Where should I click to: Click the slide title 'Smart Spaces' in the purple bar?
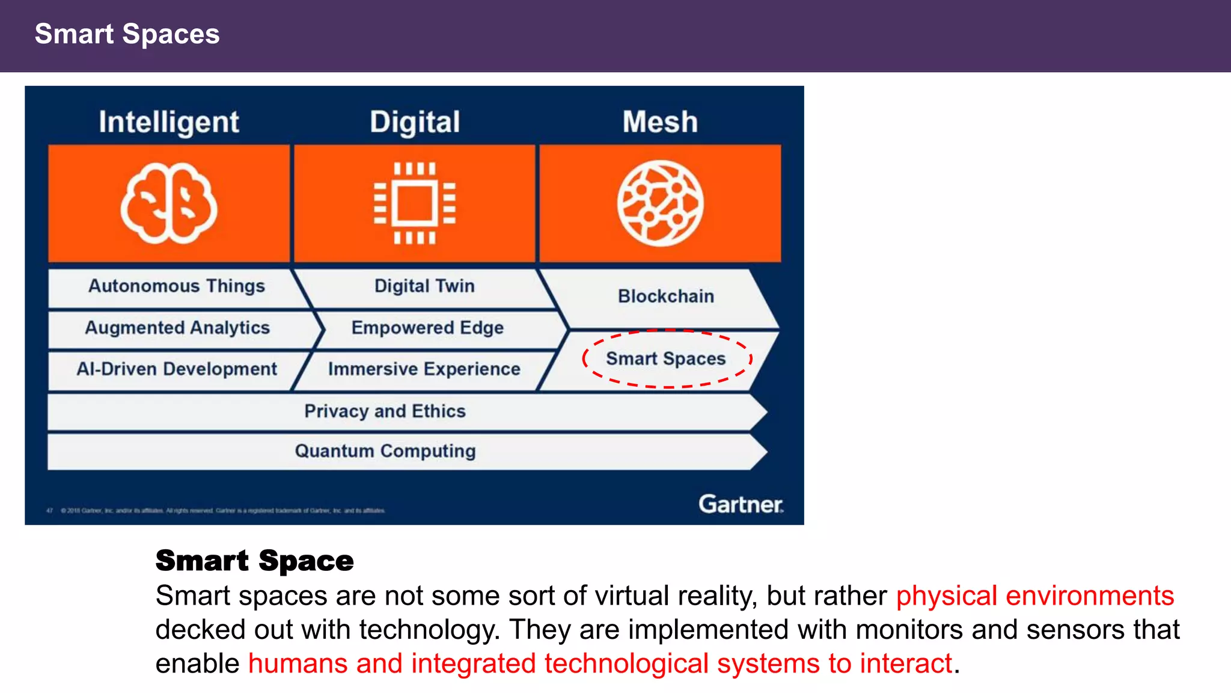[x=127, y=34]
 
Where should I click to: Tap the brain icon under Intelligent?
[x=169, y=203]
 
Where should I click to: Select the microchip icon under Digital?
[x=415, y=203]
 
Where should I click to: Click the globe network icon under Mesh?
[x=660, y=203]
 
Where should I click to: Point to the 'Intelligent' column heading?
[x=169, y=122]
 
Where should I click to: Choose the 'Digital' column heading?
[x=415, y=122]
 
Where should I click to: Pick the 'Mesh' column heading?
[x=660, y=122]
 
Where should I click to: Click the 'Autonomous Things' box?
[x=177, y=286]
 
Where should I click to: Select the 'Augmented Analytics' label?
[x=177, y=328]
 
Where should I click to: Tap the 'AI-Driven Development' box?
[x=177, y=369]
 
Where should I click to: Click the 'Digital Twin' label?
[x=424, y=286]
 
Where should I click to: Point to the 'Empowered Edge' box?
[x=427, y=328]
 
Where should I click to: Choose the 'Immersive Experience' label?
[x=424, y=369]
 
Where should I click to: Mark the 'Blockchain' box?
[x=666, y=297]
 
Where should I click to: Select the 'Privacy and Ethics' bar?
[x=385, y=411]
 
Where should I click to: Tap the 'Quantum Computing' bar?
[x=385, y=451]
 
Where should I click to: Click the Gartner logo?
[x=741, y=504]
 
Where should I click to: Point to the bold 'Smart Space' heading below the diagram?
[x=254, y=561]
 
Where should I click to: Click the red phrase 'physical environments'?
[x=1034, y=596]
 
